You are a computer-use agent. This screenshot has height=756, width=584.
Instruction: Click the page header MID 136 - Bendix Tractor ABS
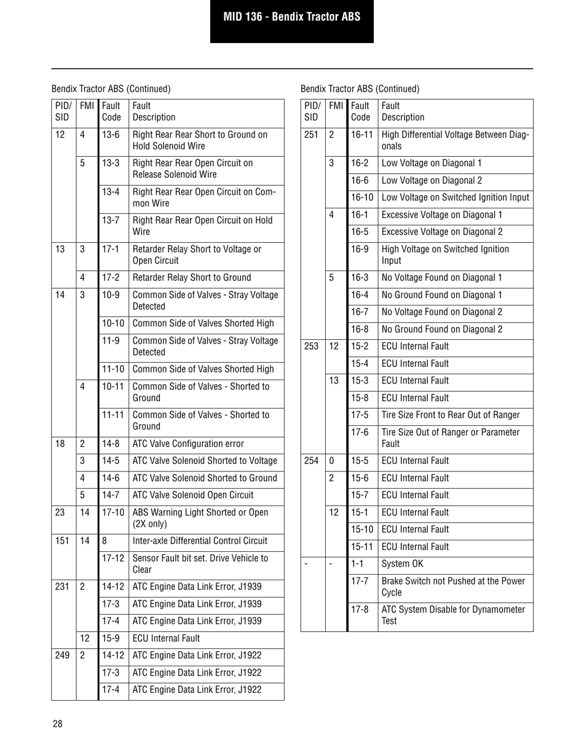291,17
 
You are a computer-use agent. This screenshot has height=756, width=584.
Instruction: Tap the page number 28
57,723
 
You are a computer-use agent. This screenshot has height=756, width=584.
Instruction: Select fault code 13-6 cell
111,134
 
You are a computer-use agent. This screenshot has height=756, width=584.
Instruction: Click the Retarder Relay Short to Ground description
192,278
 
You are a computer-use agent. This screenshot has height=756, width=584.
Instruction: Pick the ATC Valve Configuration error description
188,444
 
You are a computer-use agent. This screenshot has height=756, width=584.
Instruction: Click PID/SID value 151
61,541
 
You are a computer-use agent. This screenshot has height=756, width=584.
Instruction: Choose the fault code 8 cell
105,541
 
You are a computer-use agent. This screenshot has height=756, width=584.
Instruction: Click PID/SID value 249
61,656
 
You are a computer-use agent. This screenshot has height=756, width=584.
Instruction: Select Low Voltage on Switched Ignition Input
454,197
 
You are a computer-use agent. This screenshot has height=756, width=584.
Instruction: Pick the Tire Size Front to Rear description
451,415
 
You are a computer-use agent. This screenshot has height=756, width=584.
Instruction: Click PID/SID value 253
311,346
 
